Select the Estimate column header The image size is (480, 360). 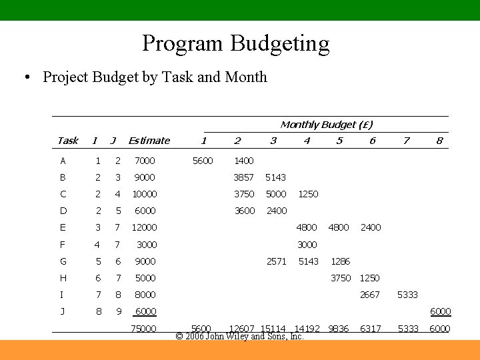149,141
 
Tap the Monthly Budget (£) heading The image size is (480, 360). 326,125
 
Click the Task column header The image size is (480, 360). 67,141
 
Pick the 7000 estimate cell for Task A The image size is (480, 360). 144,161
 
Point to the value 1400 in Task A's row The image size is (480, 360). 243,161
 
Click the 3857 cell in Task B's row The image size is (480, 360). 243,177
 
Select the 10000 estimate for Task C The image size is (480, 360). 145,194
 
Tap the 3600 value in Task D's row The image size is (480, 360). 244,211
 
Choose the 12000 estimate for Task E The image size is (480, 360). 145,227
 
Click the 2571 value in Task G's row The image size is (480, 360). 276,261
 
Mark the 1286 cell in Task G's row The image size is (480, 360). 340,261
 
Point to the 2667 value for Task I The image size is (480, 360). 369,295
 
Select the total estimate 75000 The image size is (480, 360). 144,329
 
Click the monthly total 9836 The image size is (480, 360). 339,329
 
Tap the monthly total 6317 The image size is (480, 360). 370,329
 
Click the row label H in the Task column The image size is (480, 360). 63,278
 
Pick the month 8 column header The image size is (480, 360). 439,141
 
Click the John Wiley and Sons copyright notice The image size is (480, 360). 239,337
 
